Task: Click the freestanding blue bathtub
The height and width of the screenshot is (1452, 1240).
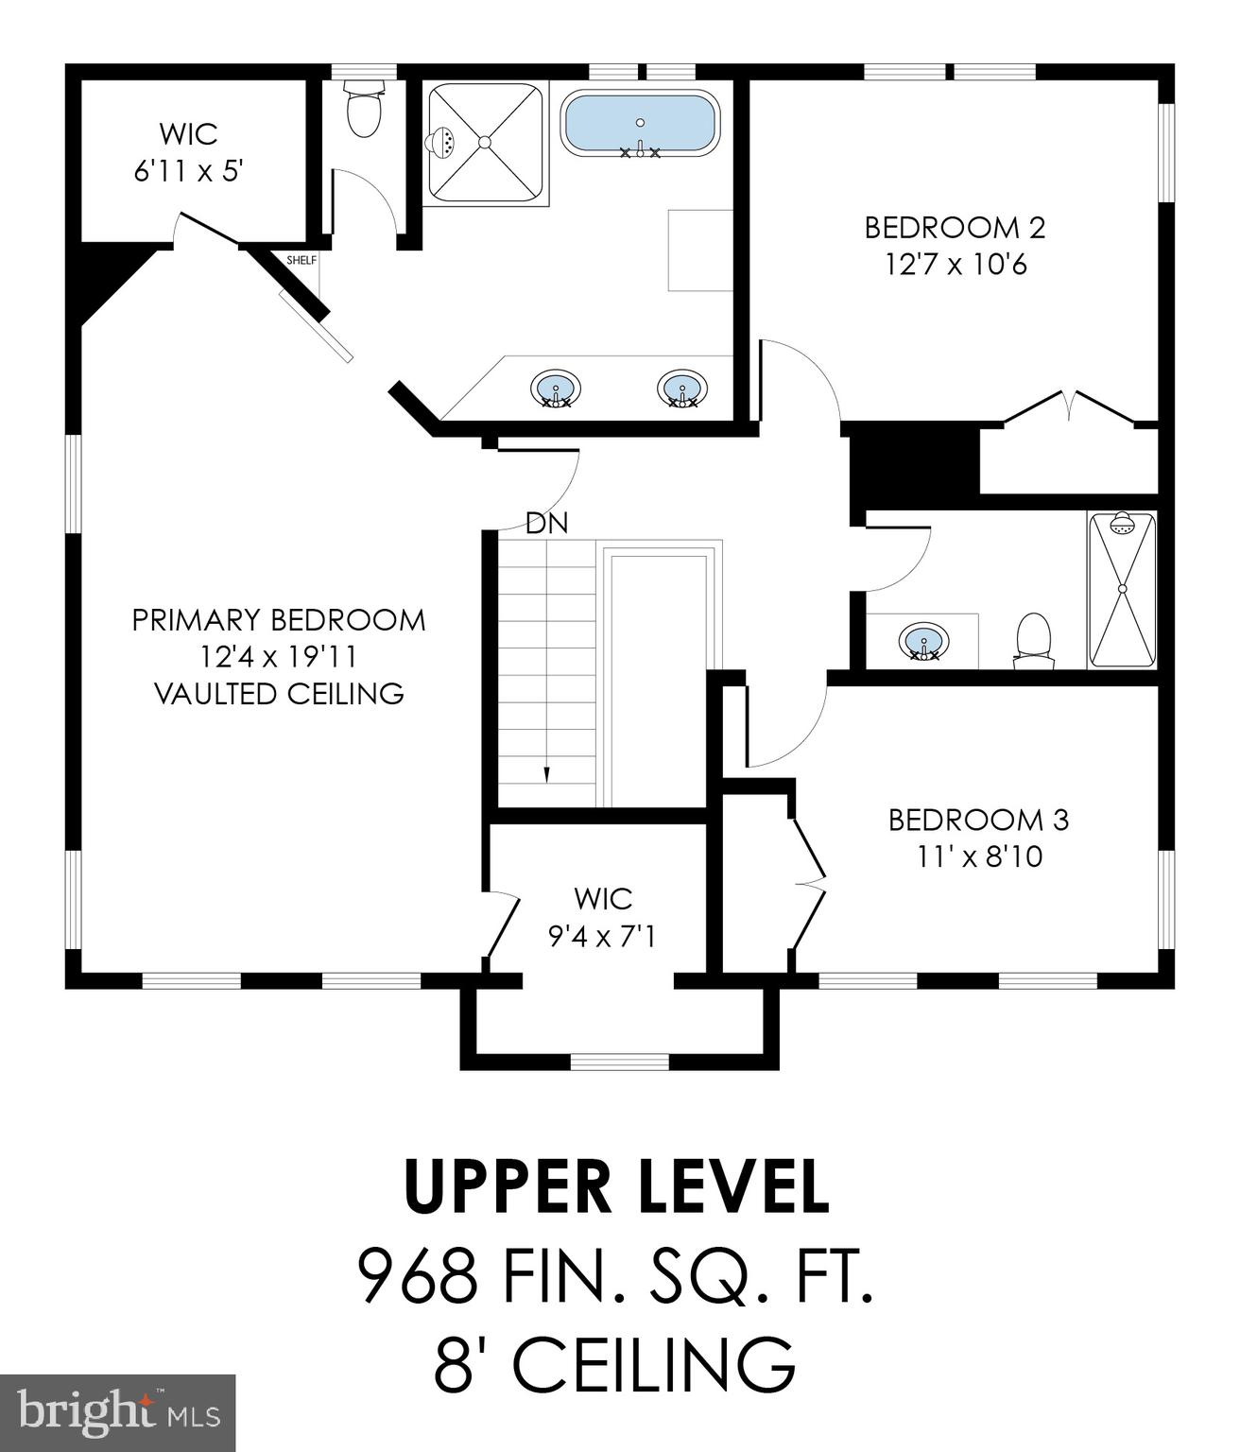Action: pos(640,122)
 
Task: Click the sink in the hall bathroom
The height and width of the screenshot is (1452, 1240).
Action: pos(923,641)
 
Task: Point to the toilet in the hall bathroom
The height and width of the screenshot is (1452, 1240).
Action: pos(1033,640)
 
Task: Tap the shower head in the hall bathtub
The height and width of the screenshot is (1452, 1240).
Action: pos(1121,522)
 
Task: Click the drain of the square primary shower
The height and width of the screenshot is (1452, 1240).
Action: pos(484,142)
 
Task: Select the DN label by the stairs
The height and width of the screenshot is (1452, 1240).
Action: pos(546,524)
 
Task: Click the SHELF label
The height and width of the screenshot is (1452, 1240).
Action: pos(301,260)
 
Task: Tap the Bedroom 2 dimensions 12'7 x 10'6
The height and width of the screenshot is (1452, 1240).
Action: pos(956,265)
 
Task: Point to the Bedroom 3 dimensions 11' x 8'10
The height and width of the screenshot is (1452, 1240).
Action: pos(979,857)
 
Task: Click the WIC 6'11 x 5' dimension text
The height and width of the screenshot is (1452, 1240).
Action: pos(188,171)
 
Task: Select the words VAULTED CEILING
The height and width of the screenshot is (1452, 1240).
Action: pos(279,693)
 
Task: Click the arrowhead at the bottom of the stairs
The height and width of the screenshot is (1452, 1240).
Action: pos(547,772)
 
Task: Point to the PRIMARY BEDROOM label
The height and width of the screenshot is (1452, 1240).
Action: pos(279,620)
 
